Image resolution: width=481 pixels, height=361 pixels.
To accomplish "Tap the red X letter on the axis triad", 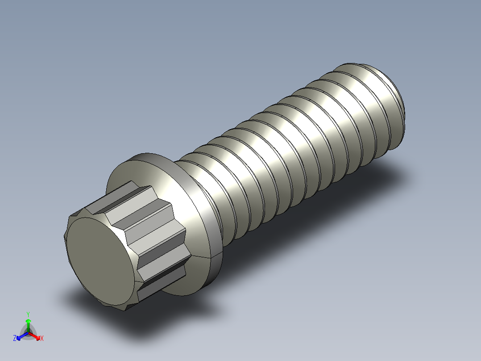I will (x=41, y=339).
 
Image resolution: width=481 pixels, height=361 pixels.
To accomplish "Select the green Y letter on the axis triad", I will (x=28, y=314).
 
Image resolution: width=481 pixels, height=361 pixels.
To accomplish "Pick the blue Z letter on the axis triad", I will (x=15, y=339).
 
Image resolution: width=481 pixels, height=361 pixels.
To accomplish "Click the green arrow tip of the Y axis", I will (x=28, y=321).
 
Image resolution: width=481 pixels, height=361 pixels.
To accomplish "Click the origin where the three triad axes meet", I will (x=28, y=333).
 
